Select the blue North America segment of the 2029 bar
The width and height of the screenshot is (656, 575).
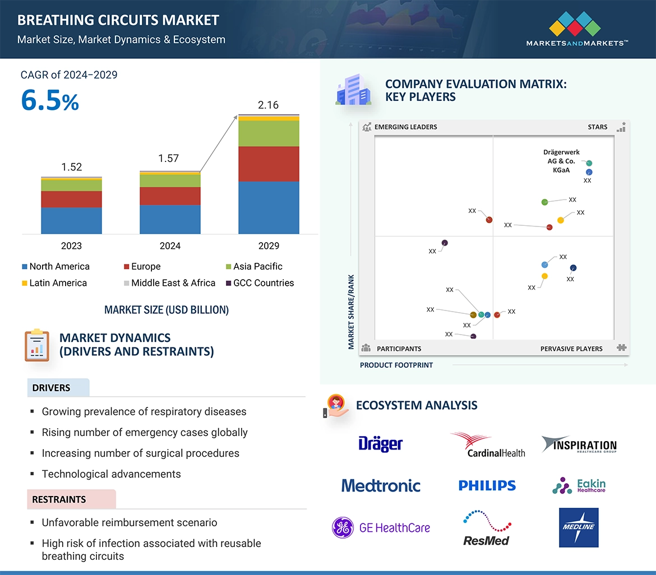pos(269,207)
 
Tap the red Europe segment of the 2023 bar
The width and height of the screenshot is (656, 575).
pos(71,199)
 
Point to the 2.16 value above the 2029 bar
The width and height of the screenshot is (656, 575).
pos(269,105)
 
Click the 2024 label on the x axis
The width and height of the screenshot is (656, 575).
pos(170,245)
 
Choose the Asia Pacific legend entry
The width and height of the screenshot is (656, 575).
pos(257,267)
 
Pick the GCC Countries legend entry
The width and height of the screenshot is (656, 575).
pos(263,283)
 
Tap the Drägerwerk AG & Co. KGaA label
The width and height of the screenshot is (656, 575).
pos(561,161)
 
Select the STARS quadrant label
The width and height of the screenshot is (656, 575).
pos(598,127)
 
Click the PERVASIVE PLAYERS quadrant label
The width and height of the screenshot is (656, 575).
pos(571,349)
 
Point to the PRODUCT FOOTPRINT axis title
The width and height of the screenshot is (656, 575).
pos(396,365)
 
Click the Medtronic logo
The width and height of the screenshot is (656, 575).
pos(381,485)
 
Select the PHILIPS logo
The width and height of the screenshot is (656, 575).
pos(487,486)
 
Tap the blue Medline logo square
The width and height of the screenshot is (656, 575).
pos(579,527)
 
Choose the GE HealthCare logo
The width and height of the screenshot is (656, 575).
pos(381,527)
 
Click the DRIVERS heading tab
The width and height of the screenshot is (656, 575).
pos(52,388)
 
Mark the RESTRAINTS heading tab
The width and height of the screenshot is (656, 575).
pos(59,499)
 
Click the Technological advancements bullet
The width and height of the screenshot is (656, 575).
pos(111,474)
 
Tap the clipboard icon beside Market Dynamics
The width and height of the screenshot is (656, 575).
pos(37,346)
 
